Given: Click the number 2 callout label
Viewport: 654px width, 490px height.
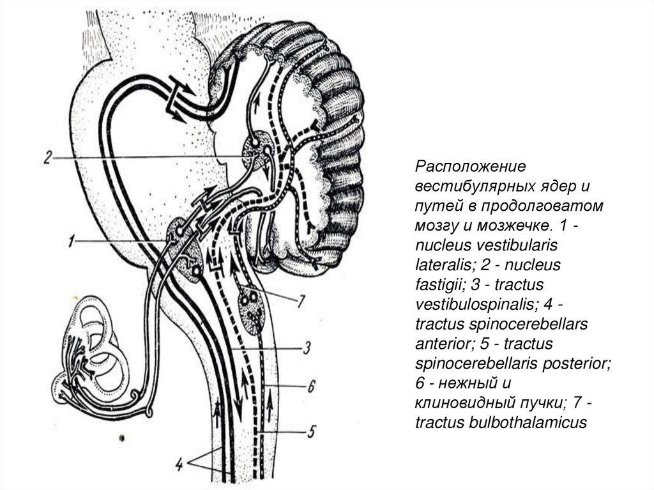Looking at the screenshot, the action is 46,158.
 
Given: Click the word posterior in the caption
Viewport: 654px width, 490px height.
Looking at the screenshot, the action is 580,364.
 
